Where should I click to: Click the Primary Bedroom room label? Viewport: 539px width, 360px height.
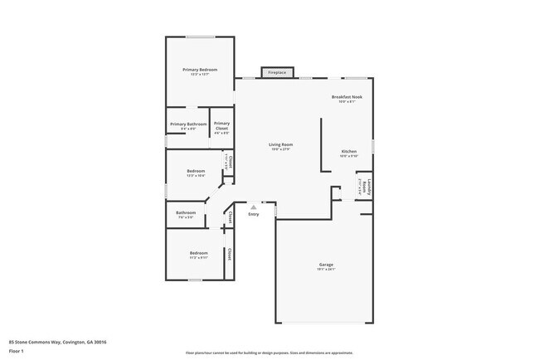point(200,70)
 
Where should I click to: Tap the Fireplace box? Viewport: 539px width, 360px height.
point(276,73)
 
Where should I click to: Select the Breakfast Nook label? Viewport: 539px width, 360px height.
point(346,97)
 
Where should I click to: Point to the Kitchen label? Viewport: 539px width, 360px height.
point(349,152)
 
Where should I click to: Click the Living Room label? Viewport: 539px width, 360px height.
point(280,144)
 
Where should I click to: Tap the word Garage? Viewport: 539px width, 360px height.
point(326,265)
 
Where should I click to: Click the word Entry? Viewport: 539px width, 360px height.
point(254,215)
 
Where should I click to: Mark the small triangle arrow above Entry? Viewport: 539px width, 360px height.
point(254,207)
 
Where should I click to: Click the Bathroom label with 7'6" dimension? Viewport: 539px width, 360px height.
point(185,212)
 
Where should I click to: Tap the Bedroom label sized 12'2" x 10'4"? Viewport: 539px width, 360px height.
point(196,171)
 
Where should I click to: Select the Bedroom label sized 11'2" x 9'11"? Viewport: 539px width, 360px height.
point(198,252)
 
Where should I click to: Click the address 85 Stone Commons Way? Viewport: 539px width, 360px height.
point(57,342)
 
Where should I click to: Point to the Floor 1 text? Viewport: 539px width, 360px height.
point(17,351)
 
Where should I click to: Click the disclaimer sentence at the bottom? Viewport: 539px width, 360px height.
point(269,353)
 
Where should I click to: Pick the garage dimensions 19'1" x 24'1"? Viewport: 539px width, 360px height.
point(326,270)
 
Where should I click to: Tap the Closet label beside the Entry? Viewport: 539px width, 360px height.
point(230,217)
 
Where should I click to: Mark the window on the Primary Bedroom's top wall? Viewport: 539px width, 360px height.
point(199,36)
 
